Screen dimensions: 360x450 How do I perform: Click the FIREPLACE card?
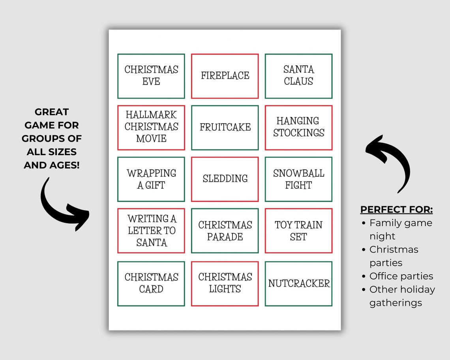pyautogui.click(x=225, y=76)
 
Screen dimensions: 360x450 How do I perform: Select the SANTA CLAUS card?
pyautogui.click(x=298, y=76)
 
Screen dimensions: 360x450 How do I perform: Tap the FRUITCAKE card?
pyautogui.click(x=225, y=127)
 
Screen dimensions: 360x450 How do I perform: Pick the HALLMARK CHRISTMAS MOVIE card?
pyautogui.click(x=151, y=127)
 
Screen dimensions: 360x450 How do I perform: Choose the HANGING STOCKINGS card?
pyautogui.click(x=298, y=127)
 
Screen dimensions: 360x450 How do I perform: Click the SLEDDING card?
pyautogui.click(x=225, y=179)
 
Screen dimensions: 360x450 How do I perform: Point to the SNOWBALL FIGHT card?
pyautogui.click(x=298, y=179)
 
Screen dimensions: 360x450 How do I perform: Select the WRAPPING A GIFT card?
pyautogui.click(x=151, y=179)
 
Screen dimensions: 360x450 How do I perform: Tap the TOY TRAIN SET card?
pyautogui.click(x=298, y=231)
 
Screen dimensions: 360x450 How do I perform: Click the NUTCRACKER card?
pyautogui.click(x=298, y=283)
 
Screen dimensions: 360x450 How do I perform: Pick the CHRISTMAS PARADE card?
pyautogui.click(x=225, y=231)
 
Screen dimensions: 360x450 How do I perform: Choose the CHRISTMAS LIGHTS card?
pyautogui.click(x=225, y=283)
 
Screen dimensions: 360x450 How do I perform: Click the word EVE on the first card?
pyautogui.click(x=151, y=82)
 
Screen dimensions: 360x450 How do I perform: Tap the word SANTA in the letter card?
pyautogui.click(x=151, y=243)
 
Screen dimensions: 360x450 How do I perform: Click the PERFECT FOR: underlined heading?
pyautogui.click(x=396, y=209)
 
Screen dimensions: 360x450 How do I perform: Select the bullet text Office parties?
pyautogui.click(x=401, y=276)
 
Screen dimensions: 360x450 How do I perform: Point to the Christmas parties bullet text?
pyautogui.click(x=394, y=256)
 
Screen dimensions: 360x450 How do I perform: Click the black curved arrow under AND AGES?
pyautogui.click(x=63, y=205)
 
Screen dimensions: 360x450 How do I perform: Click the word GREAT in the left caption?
pyautogui.click(x=52, y=112)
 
